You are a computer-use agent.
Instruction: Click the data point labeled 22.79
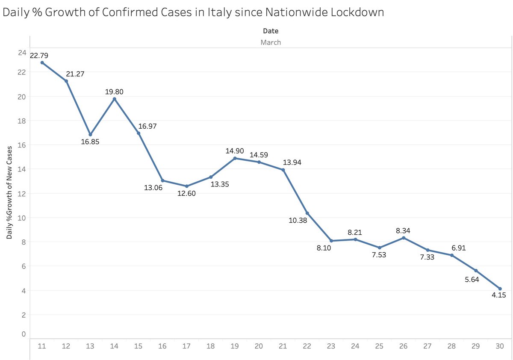[x=42, y=62]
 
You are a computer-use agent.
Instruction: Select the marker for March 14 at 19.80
[x=114, y=99]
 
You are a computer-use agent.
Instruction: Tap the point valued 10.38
[x=307, y=213]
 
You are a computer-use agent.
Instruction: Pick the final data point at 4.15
[x=500, y=289]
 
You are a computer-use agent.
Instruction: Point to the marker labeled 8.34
[x=404, y=238]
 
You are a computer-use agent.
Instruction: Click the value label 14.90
[x=235, y=151]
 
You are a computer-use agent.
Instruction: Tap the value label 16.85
[x=90, y=142]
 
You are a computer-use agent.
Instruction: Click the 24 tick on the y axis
[x=21, y=53]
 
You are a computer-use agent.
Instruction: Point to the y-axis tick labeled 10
[x=21, y=218]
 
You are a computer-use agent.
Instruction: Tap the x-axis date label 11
[x=42, y=345]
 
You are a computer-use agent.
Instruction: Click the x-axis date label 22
[x=307, y=345]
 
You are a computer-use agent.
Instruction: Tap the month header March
[x=271, y=42]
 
